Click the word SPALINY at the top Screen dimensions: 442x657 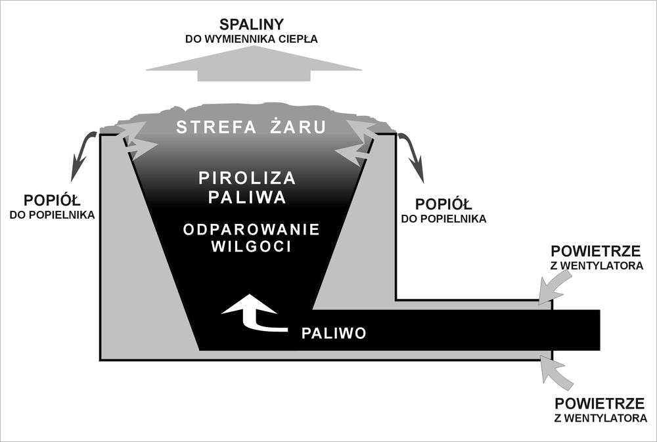252,24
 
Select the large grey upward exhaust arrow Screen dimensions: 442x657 254,65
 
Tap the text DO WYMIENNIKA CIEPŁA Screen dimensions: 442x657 252,39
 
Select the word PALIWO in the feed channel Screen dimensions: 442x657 333,333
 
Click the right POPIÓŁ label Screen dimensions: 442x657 443,204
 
